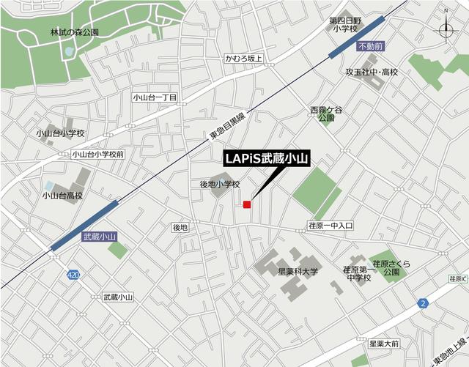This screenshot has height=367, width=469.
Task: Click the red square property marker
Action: pyautogui.click(x=248, y=204)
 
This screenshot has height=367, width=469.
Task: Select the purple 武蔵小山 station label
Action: pyautogui.click(x=100, y=237)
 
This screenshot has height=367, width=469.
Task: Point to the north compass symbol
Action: pyautogui.click(x=446, y=29)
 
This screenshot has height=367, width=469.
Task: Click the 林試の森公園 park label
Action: pyautogui.click(x=74, y=33)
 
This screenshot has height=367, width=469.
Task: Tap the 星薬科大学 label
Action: pyautogui.click(x=298, y=271)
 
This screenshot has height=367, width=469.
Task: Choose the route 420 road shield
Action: pyautogui.click(x=72, y=275)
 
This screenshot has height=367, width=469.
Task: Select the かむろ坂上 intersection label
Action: pyautogui.click(x=243, y=58)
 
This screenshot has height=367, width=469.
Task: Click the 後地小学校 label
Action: pyautogui.click(x=219, y=185)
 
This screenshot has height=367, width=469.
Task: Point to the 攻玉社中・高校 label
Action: pyautogui.click(x=372, y=73)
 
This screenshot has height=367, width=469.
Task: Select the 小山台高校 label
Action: pyautogui.click(x=62, y=196)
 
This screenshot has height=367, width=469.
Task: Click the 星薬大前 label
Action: pyautogui.click(x=384, y=343)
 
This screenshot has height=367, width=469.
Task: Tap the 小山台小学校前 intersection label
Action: pyautogui.click(x=98, y=154)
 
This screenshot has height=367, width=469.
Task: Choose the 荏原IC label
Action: pyautogui.click(x=458, y=279)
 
